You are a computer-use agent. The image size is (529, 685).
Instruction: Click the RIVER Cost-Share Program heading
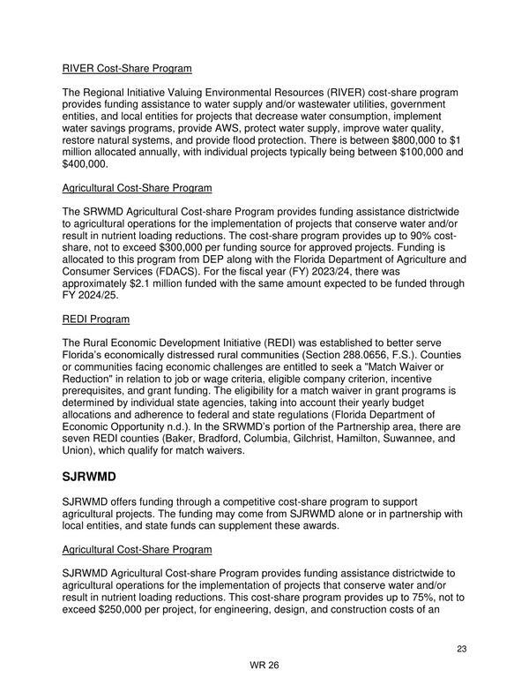click(x=127, y=69)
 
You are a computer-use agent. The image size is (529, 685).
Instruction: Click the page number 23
click(x=461, y=650)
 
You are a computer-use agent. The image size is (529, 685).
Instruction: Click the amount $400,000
click(x=85, y=164)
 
